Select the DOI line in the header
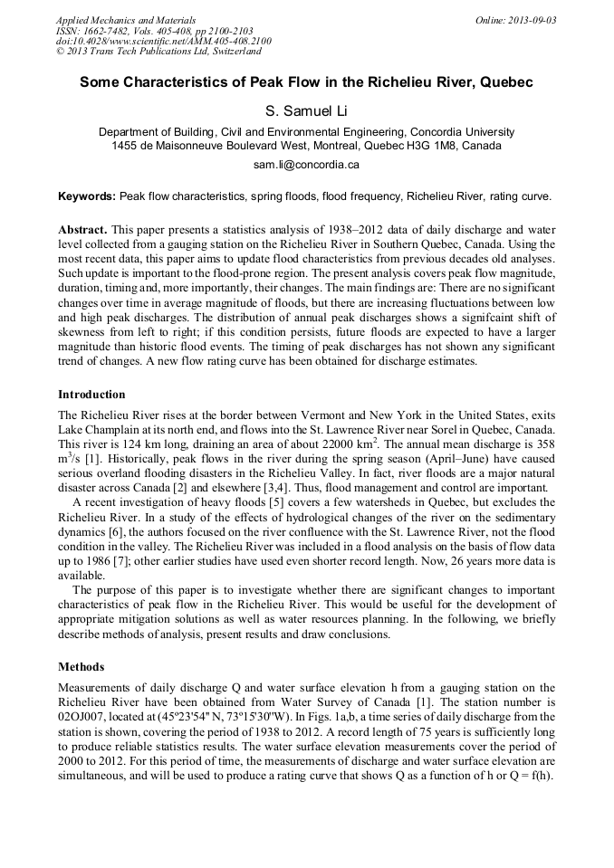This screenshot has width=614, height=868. [163, 41]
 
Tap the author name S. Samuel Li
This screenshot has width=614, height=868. [306, 111]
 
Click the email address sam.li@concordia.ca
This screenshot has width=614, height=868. [306, 165]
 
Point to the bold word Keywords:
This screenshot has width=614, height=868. [87, 196]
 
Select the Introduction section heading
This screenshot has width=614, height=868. [91, 395]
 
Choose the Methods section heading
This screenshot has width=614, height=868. [81, 667]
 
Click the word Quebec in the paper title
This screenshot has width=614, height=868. [504, 82]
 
